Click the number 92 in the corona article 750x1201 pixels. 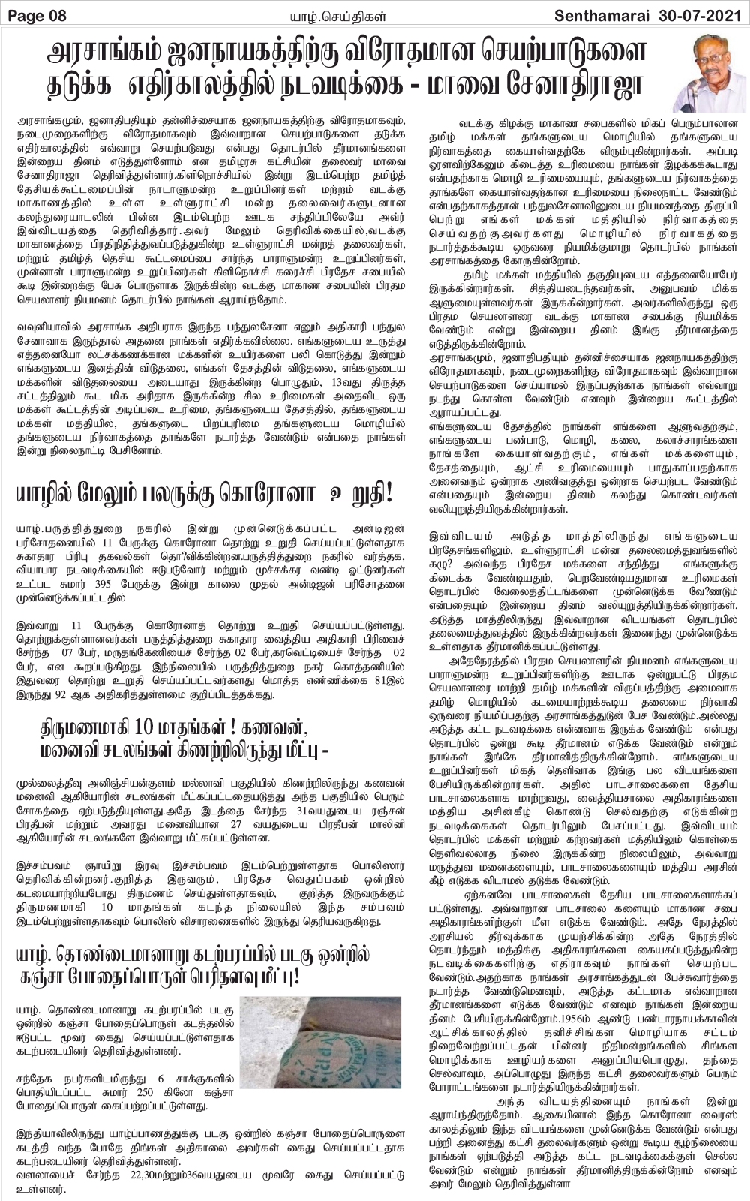(x=82, y=695)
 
